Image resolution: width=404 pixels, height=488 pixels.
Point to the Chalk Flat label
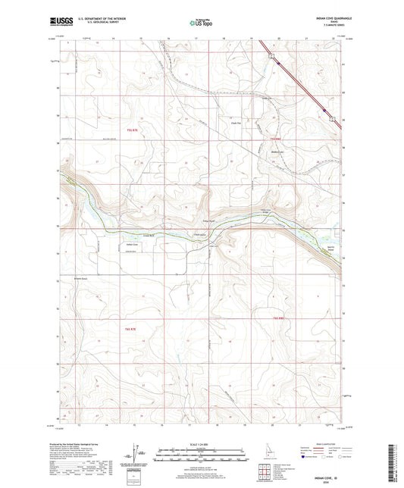(x=235, y=123)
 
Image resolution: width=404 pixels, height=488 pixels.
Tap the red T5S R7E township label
(x=134, y=131)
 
